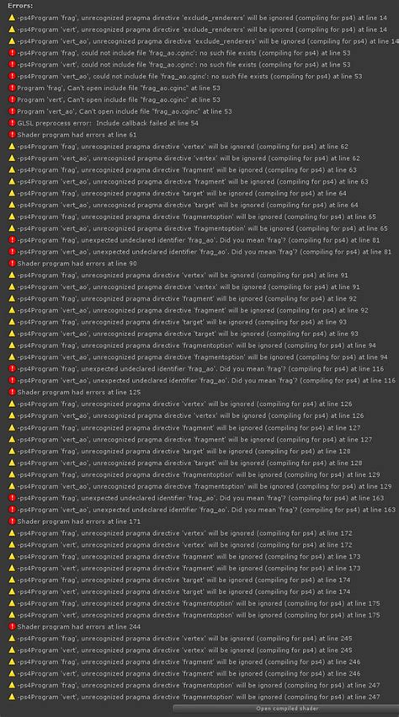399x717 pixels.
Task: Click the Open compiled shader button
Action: pos(285,709)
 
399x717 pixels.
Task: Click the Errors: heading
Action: pos(21,5)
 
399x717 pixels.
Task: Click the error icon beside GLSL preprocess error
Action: pos(12,122)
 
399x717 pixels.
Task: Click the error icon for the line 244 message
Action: pos(12,626)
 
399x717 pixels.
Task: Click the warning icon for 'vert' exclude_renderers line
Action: pos(12,40)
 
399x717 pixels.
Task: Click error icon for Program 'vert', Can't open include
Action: pos(12,99)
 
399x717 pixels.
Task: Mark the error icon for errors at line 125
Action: pos(12,392)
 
